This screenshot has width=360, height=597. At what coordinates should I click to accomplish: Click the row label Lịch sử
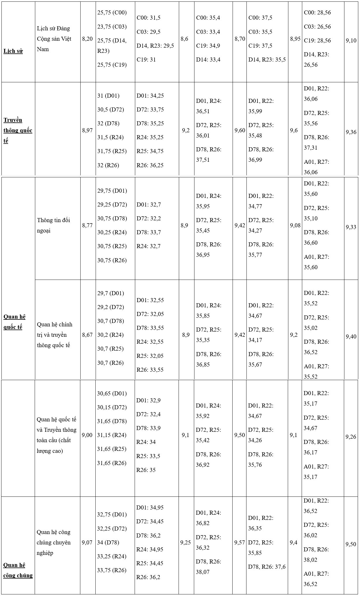[13, 51]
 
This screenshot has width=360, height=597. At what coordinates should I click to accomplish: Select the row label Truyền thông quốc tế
[18, 130]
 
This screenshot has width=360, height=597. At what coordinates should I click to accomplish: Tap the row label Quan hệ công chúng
[18, 570]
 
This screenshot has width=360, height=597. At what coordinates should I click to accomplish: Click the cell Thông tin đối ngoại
[53, 225]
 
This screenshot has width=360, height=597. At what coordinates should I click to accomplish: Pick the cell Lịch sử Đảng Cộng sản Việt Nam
[54, 39]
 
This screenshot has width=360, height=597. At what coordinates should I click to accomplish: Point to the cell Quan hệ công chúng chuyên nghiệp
[53, 542]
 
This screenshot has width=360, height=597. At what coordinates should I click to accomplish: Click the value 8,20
[88, 39]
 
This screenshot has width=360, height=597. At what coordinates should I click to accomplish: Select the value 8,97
[88, 130]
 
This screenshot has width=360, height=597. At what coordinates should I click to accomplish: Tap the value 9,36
[351, 132]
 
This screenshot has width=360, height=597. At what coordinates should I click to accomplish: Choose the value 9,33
[351, 227]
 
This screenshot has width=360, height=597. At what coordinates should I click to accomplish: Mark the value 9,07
[87, 542]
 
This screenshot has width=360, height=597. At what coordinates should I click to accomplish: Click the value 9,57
[240, 542]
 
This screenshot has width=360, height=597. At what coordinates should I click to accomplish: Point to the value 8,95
[295, 39]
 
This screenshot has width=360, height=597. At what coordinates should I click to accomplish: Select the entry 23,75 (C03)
[112, 27]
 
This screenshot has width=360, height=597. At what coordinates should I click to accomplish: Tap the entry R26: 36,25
[150, 165]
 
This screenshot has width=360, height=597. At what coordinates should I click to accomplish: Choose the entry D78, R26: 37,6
[267, 567]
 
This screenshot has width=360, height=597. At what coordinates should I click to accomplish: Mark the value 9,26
[351, 437]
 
